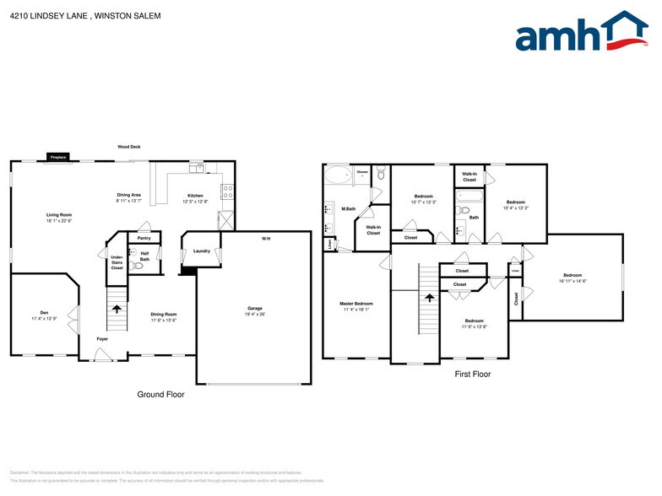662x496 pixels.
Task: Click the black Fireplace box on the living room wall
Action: (58, 158)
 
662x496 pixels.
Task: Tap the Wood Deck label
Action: (129, 147)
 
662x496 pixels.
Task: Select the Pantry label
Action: (144, 239)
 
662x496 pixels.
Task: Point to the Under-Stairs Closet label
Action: (117, 263)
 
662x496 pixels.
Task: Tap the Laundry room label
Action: (201, 251)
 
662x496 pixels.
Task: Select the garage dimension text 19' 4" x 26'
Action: (256, 315)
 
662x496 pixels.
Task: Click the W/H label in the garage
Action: (266, 240)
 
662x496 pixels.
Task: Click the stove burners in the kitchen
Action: (227, 191)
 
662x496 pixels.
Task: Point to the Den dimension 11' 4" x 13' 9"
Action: (44, 319)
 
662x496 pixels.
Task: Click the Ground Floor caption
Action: (160, 394)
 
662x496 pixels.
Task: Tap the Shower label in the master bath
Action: (362, 171)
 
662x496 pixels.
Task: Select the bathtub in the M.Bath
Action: (337, 176)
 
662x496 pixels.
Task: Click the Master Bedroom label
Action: (356, 304)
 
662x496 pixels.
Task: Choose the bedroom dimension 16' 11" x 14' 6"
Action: (573, 281)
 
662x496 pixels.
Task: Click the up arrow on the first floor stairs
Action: (429, 297)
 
